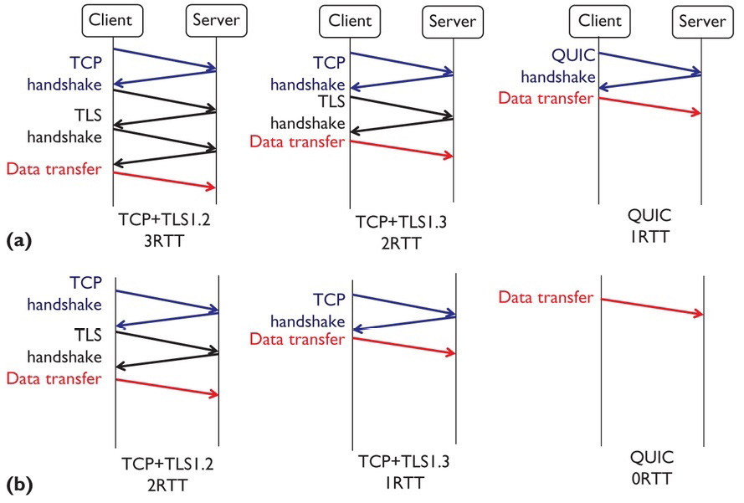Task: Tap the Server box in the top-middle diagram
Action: (x=452, y=22)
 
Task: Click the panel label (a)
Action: (x=18, y=241)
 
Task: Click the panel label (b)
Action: (x=18, y=484)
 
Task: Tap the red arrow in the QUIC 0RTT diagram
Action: (x=651, y=305)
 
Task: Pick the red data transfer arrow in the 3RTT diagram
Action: (x=164, y=180)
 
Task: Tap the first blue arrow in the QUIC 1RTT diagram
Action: (x=650, y=63)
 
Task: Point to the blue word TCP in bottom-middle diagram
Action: (x=329, y=300)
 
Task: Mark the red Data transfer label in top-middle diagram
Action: (x=297, y=141)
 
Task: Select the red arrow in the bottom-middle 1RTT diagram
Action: (x=403, y=346)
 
